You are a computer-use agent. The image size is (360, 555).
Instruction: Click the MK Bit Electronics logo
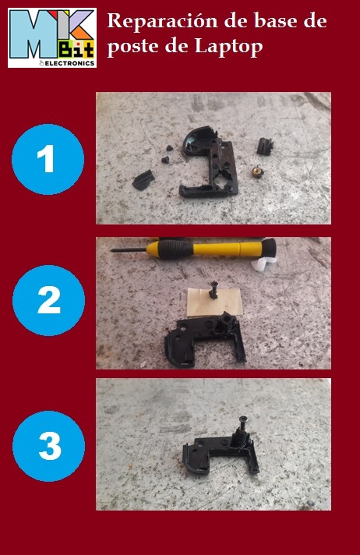[x=52, y=38]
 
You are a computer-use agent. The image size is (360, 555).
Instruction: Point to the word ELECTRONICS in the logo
[x=70, y=63]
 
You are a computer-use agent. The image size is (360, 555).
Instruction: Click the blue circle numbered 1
[x=48, y=159]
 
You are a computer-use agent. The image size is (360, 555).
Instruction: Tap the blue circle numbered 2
[x=48, y=300]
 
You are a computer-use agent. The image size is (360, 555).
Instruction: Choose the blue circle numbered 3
[x=48, y=446]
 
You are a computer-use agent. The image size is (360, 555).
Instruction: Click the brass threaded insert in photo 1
[x=258, y=172]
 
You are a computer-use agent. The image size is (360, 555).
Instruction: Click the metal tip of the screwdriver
[x=128, y=250]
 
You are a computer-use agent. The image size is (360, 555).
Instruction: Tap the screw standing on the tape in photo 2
[x=213, y=290]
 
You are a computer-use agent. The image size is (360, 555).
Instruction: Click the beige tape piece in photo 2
[x=214, y=302]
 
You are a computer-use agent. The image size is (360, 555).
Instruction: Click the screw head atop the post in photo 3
[x=244, y=419]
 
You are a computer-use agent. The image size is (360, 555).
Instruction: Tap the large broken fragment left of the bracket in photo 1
[x=143, y=180]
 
